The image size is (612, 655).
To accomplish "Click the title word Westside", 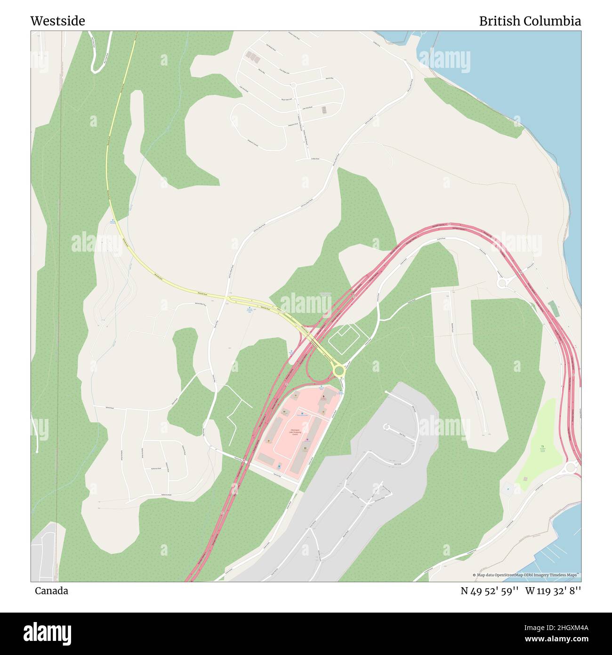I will (57, 21).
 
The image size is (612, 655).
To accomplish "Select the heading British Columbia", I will (530, 21).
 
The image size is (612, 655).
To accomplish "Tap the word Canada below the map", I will (51, 590).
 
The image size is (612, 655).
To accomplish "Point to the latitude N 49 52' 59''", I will (489, 590).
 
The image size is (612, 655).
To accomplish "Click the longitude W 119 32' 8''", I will (553, 590).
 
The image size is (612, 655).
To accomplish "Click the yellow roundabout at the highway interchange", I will (338, 371).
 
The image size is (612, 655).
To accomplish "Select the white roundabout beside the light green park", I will (571, 467).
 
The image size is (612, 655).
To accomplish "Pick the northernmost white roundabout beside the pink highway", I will (502, 282).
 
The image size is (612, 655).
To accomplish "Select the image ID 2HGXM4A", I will (560, 627).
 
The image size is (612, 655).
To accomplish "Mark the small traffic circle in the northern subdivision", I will (292, 85).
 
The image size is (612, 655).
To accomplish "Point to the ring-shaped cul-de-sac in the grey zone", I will (386, 427).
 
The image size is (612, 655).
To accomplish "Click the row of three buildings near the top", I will (253, 57).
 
